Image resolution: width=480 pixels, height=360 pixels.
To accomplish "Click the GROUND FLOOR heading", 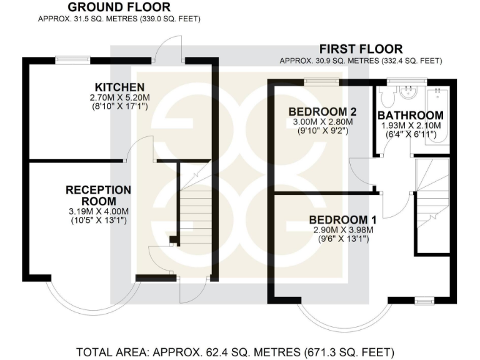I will (119, 7).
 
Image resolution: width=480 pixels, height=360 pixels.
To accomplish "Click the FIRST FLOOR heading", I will (361, 49).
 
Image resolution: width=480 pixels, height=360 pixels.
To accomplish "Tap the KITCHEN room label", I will (120, 87).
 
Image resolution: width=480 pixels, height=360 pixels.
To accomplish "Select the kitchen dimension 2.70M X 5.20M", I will (120, 97).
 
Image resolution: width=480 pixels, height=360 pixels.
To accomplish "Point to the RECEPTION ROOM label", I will (99, 195).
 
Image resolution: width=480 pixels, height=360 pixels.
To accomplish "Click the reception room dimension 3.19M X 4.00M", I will (99, 211).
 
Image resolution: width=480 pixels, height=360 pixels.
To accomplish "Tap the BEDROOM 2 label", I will (322, 111).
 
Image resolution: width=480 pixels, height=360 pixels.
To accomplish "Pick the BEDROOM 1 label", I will (342, 219).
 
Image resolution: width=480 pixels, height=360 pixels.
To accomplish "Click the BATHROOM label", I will (411, 116).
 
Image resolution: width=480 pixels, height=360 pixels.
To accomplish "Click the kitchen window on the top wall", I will (72, 60).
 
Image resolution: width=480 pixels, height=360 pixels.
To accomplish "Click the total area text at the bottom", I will (235, 352).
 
